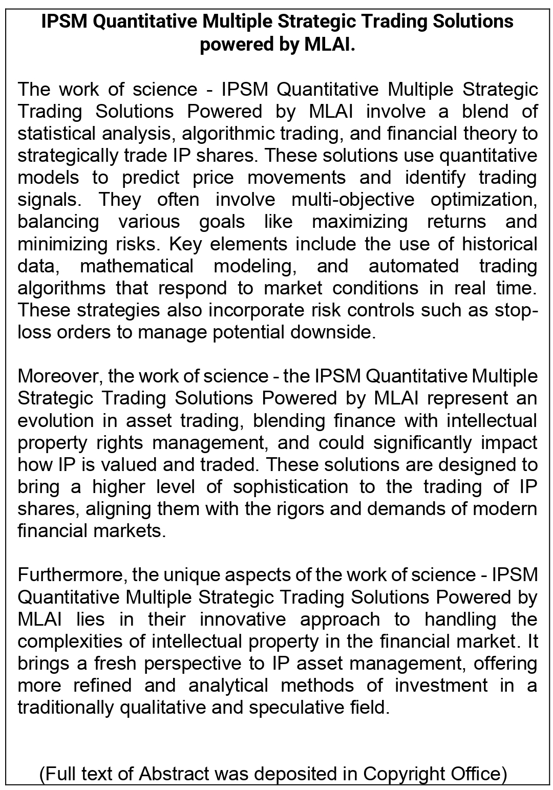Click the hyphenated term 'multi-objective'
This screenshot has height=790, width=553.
pos(353,200)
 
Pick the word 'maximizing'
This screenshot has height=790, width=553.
pos(360,222)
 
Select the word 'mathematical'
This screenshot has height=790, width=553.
pos(137,266)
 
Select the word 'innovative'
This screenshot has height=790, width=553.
pos(243,619)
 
